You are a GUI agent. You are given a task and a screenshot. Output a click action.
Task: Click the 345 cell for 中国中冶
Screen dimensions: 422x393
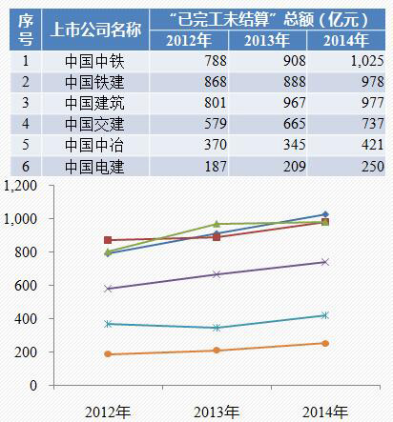(x=270, y=144)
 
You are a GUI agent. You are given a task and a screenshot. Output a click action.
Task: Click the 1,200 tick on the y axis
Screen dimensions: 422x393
(x=20, y=186)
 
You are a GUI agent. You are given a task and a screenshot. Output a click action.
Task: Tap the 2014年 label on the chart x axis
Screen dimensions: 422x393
(x=324, y=411)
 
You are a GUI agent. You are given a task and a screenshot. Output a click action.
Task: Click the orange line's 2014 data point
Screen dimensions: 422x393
(x=325, y=343)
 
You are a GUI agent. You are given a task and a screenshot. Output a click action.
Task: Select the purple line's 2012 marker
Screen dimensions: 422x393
(x=108, y=289)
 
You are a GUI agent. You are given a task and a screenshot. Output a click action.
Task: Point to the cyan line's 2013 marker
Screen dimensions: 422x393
(x=217, y=328)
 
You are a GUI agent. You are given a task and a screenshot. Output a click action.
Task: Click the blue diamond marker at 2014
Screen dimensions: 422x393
(x=325, y=214)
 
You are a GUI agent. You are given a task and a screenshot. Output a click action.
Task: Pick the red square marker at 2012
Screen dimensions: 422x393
(x=108, y=240)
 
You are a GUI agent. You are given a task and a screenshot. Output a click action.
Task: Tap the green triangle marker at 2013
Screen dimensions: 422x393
(x=217, y=224)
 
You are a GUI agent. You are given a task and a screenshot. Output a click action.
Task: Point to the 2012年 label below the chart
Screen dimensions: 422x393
(x=108, y=411)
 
